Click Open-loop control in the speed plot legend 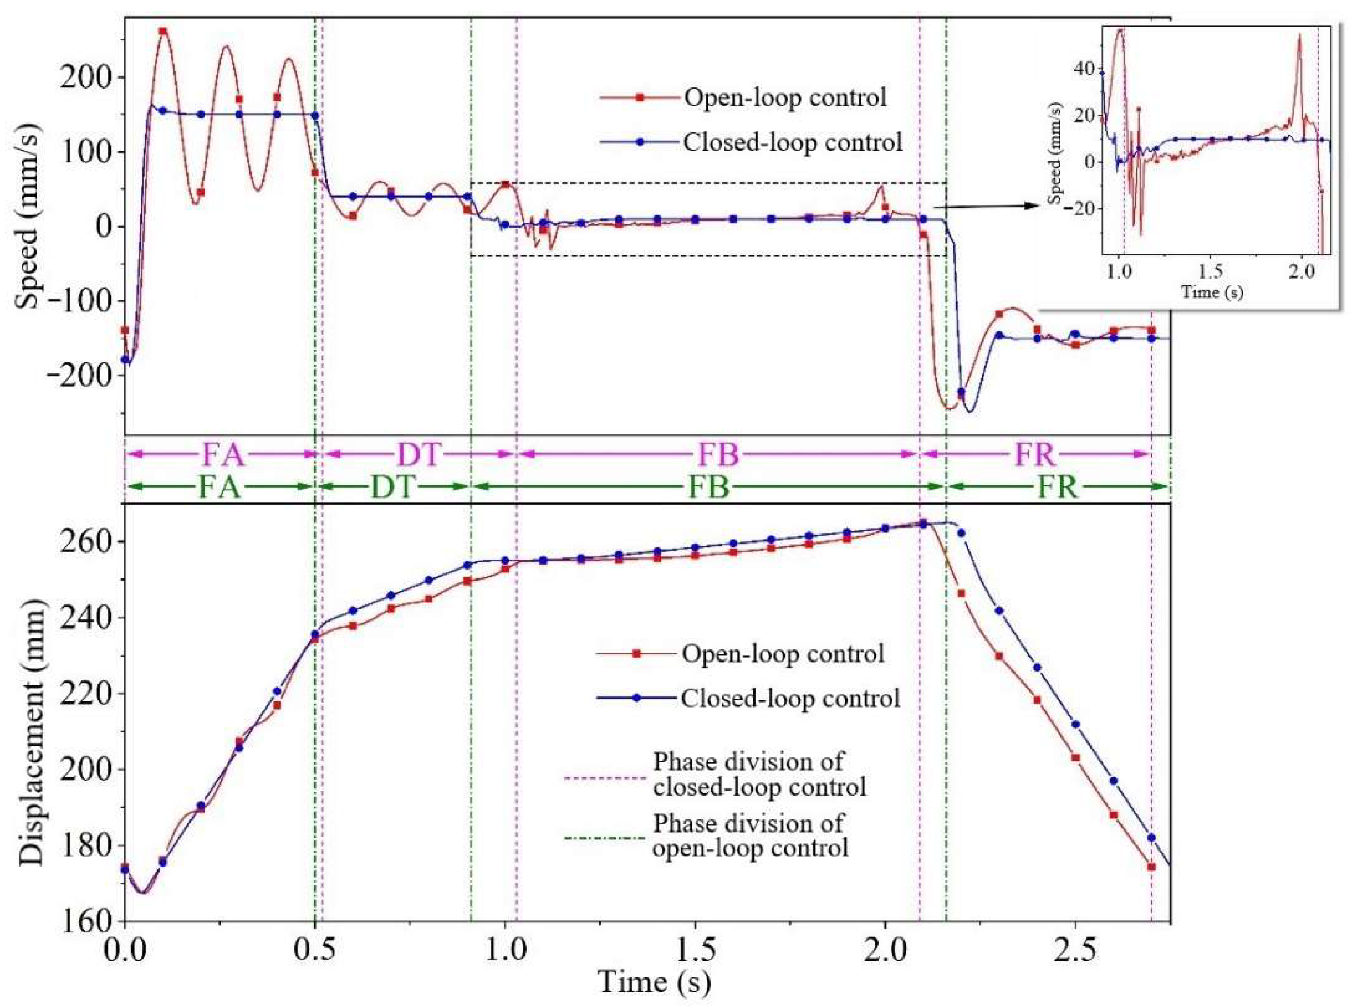[785, 97]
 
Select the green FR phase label [1057, 488]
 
